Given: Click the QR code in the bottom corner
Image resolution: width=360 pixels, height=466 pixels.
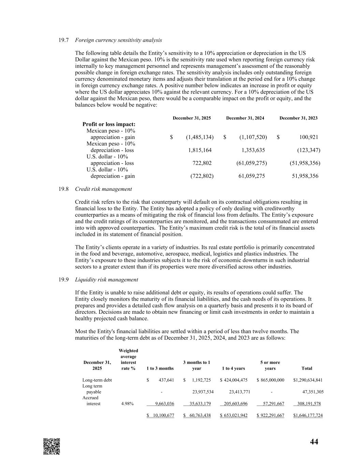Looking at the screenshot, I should pos(52,446).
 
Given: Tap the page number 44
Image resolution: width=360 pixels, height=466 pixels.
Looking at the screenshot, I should pos(314,442).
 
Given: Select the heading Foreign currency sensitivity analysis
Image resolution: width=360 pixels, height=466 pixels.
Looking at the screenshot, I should pos(118,40).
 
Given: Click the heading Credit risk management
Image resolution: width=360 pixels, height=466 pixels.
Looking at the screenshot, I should pos(103,189).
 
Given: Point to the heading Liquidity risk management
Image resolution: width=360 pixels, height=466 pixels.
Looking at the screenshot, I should pos(106,280).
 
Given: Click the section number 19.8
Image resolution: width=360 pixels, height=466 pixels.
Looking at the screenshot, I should pos(63,189).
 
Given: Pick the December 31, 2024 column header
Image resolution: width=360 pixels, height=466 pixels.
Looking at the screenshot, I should pos(245,118).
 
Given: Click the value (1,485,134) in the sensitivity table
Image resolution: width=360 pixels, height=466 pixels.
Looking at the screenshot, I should pos(200,137).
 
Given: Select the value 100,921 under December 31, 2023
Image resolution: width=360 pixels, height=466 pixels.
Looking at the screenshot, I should pos(308,137).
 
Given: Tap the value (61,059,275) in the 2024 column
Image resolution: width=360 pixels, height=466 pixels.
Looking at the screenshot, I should pos(251,163).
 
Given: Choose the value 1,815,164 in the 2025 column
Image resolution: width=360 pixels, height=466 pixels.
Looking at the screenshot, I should pos(200,150).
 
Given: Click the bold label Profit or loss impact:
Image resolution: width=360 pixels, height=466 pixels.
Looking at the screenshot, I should pos(109,124).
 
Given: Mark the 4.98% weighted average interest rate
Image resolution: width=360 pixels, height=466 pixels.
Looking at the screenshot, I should pos(128,404).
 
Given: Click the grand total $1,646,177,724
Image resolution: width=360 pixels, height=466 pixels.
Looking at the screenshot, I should pos(308,415).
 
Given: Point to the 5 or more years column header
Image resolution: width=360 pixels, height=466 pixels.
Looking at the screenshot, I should pos(270,365).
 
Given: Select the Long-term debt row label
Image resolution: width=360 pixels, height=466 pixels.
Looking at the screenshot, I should pos(97,380).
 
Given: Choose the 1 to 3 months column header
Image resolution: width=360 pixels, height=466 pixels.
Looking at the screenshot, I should pos(160,368).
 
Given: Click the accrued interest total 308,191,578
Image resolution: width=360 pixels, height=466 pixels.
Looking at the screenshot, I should pos(309,404).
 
